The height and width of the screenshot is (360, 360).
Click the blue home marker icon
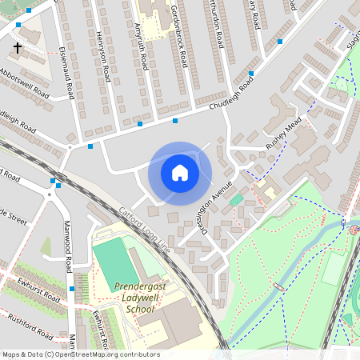tap(180, 172)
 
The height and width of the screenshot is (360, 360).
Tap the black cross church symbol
tap(18, 48)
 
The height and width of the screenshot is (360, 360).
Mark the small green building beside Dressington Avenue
tap(236, 199)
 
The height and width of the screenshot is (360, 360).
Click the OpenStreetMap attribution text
tap(80, 354)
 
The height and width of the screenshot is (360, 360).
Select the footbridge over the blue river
tap(279, 287)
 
